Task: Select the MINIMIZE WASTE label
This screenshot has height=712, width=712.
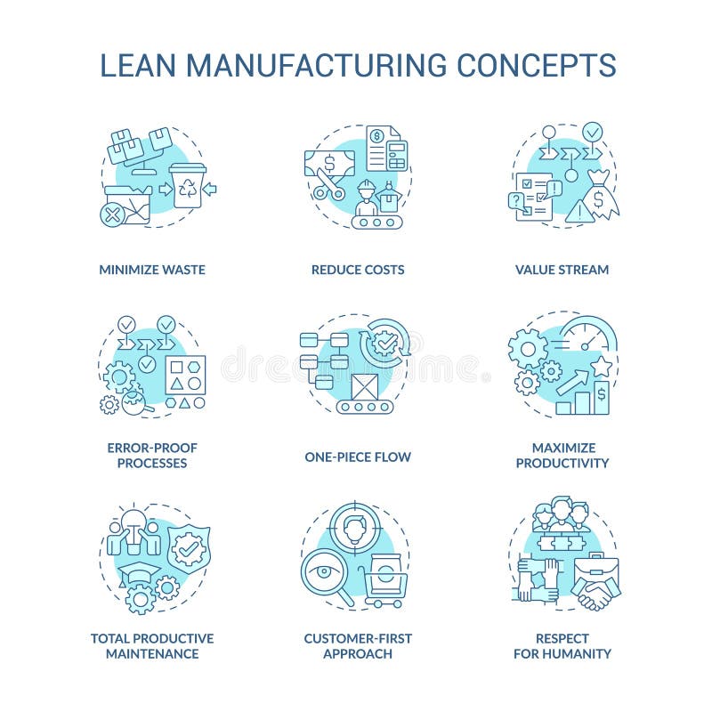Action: click(152, 270)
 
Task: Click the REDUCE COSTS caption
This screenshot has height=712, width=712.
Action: click(357, 270)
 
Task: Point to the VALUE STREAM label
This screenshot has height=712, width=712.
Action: click(562, 270)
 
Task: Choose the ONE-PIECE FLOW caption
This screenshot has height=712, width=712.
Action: click(357, 457)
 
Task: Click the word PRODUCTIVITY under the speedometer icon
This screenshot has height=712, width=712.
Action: click(562, 463)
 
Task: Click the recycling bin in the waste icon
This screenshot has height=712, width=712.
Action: click(188, 185)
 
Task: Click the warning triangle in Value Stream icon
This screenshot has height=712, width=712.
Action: click(578, 212)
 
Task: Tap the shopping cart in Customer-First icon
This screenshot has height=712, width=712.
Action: click(384, 587)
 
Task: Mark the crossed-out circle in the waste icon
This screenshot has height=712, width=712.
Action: click(111, 214)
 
